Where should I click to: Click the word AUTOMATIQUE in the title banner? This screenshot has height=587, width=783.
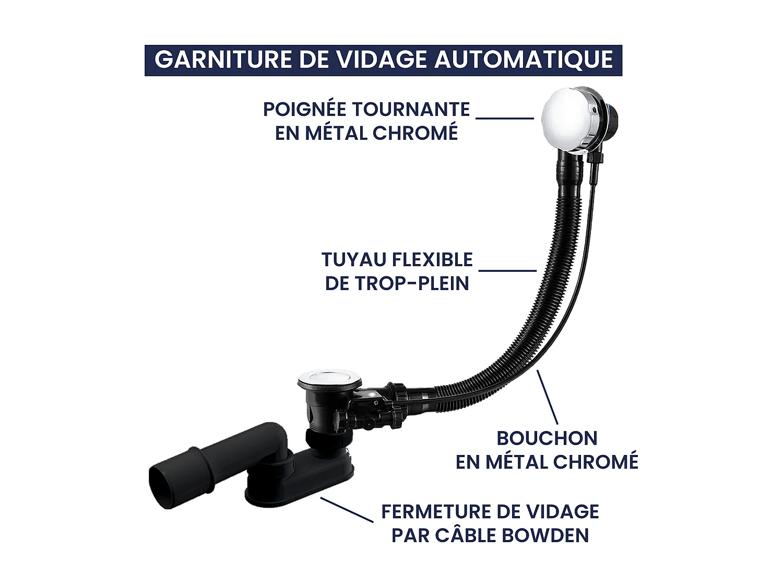[524, 59]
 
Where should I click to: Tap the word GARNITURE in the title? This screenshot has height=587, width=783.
[222, 59]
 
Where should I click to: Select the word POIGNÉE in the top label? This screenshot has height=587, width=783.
[304, 110]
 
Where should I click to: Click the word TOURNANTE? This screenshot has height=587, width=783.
[411, 110]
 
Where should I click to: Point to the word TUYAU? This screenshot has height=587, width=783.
[353, 259]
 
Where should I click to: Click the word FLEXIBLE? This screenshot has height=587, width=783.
[432, 259]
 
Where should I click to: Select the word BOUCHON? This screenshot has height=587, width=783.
[547, 438]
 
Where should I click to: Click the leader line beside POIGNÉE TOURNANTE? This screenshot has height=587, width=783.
[505, 118]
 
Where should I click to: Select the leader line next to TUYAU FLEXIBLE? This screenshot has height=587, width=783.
[507, 270]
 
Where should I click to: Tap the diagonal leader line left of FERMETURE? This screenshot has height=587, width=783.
[347, 509]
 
